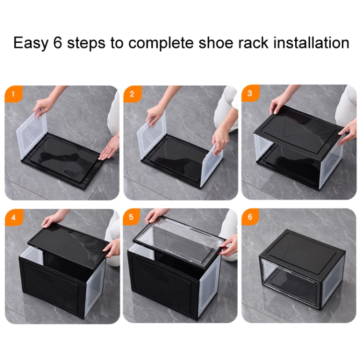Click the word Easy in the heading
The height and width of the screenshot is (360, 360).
[x=31, y=43]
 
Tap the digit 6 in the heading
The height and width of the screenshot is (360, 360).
[x=58, y=42]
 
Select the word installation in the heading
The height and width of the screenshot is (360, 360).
[x=311, y=42]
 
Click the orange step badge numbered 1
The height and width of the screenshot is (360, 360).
[x=13, y=94]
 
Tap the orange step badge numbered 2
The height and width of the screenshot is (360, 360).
[x=132, y=94]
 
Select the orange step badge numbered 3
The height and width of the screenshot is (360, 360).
[x=250, y=93]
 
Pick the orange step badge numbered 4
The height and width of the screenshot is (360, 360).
[x=13, y=217]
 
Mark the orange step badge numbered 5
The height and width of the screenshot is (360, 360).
[x=131, y=217]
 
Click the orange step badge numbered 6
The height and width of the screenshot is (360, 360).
[x=250, y=217]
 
